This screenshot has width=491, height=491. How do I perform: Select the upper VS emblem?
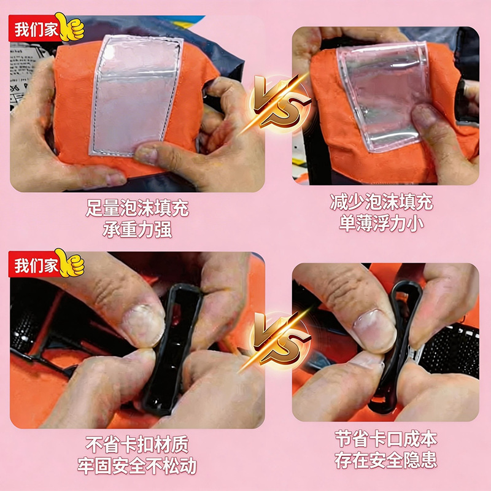(279, 102)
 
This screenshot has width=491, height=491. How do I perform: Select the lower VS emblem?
(279, 339)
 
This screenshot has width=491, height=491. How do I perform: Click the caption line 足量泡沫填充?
(137, 208)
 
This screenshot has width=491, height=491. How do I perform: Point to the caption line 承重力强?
(137, 230)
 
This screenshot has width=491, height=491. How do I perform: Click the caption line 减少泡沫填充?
(381, 203)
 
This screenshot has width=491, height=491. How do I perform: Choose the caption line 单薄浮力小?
(381, 223)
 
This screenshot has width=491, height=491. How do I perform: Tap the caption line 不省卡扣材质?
(137, 444)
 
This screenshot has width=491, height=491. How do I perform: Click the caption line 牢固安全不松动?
(137, 466)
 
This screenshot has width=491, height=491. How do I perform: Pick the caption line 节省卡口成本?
(386, 438)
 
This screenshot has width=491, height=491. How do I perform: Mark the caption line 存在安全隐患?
(386, 460)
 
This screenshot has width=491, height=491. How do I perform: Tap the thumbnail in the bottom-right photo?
(373, 329)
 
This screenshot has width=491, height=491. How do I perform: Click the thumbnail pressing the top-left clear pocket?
(148, 153)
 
